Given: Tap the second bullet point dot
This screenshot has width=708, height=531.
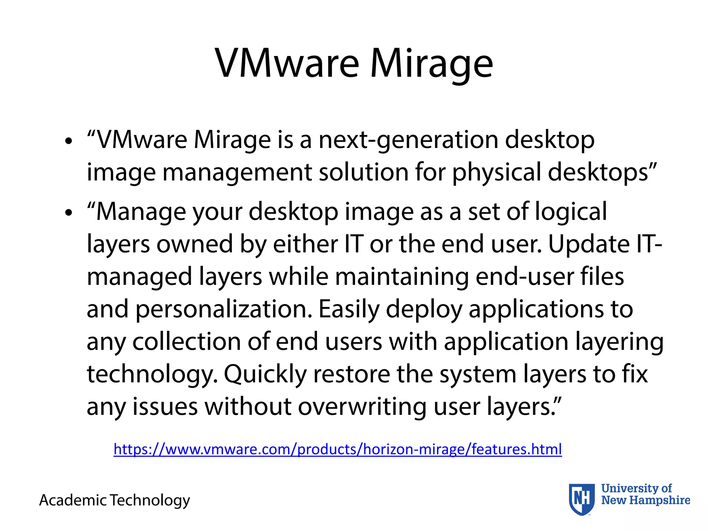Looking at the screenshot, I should (x=69, y=213).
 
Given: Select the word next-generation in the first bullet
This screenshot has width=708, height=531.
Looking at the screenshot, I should (x=408, y=140).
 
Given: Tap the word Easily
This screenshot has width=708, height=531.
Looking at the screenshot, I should (x=349, y=310).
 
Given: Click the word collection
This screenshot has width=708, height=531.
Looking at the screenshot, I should (x=186, y=342).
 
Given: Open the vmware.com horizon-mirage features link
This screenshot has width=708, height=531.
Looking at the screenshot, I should (x=337, y=449).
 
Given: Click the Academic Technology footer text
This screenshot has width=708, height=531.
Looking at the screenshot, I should (x=114, y=500).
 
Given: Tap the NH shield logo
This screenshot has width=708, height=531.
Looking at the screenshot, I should (x=581, y=499).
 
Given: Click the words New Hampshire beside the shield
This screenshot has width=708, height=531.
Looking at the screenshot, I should (x=645, y=500).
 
